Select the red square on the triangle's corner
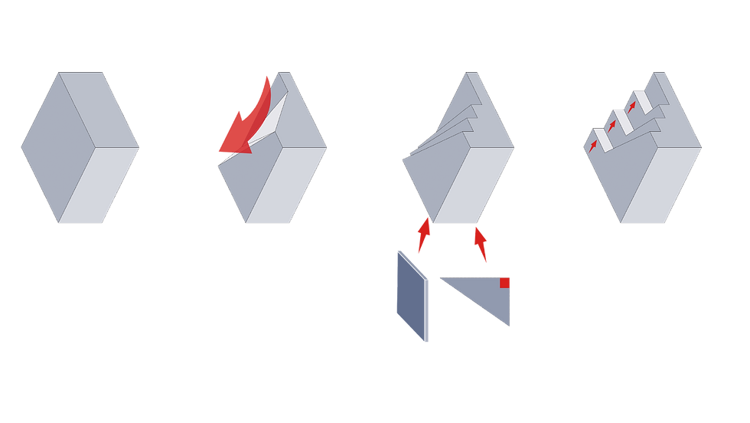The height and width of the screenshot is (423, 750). click(x=505, y=282)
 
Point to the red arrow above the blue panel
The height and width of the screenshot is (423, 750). click(x=422, y=234)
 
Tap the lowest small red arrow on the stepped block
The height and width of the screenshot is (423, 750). click(x=594, y=145)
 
